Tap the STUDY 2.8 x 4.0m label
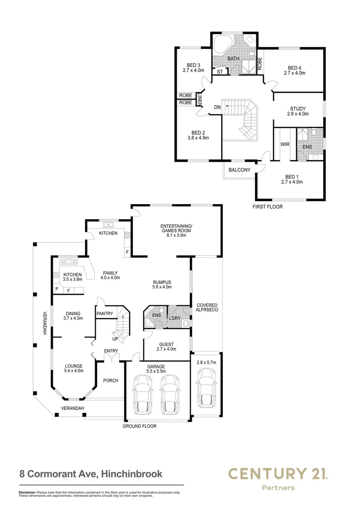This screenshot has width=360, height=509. pos(298,111)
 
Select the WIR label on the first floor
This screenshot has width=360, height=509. pos(285,145)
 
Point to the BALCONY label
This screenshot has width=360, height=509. pos(239,170)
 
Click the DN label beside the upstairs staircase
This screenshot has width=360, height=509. pos(217,107)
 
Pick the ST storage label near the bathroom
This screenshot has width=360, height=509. pos(220,72)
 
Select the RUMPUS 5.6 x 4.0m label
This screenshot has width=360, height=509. pos(162,284)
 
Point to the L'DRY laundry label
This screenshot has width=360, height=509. pos(175,319)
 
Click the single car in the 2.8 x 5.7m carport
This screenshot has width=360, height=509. pos(206,387)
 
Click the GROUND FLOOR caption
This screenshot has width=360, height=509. pos(139,426)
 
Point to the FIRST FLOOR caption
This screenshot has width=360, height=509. pos(267,206)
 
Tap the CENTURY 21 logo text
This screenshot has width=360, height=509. pos(278,473)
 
